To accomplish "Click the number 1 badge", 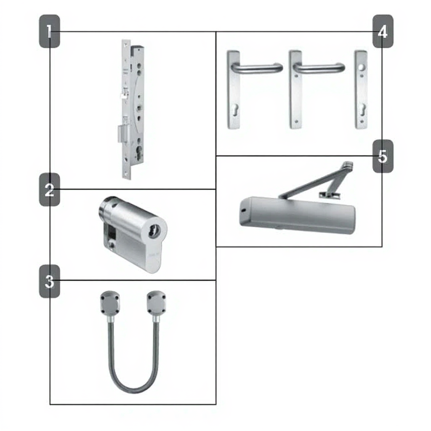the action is [50, 31].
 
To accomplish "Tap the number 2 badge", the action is [50, 189].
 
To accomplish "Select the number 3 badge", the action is [50, 281].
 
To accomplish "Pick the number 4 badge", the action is [383, 31].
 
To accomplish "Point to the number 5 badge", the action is [383, 156].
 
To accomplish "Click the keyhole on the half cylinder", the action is [154, 231].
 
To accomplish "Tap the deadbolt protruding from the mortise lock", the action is [123, 133].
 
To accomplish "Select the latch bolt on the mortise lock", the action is [124, 94].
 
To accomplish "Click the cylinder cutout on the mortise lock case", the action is [139, 152].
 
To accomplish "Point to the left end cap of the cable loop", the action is [110, 303].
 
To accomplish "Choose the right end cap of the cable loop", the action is [157, 303].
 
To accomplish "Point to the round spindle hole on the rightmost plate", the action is [361, 67].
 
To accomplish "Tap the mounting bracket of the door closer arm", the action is [330, 194].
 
